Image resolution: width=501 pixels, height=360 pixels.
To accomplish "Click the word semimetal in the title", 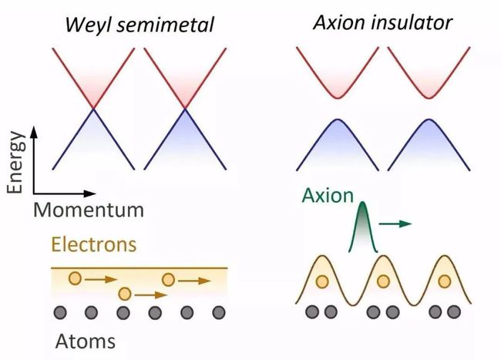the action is (x=165, y=25).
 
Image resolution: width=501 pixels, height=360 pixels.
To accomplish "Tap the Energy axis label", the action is (x=15, y=162).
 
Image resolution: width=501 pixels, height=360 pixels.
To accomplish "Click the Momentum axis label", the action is (x=89, y=210).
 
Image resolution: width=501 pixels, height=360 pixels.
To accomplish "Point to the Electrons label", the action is (x=93, y=244).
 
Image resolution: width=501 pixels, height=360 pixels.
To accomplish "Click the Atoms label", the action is (x=85, y=341).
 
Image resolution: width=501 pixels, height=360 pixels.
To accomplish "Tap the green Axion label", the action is (x=328, y=195).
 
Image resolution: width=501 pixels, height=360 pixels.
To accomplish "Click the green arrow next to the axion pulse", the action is (x=395, y=224).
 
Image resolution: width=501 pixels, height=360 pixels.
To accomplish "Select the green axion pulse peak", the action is (x=363, y=204).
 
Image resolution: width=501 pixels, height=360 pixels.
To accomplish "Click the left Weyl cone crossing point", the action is (x=93, y=109).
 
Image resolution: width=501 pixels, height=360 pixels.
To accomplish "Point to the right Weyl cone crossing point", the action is (x=185, y=109).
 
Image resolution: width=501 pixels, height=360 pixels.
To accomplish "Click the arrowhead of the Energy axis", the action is (x=34, y=131).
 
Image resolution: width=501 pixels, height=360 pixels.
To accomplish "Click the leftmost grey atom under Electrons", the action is (x=60, y=312).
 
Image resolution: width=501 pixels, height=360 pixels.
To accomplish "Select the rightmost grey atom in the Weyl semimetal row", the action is (x=219, y=312).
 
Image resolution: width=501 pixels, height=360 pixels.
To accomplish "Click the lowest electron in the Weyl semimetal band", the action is (x=125, y=294).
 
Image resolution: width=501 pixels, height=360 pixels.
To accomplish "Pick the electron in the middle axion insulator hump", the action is (x=383, y=281).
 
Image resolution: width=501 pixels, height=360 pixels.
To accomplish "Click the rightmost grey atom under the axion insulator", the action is (x=454, y=311).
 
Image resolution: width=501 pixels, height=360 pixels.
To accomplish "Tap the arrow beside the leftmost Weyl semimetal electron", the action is (x=101, y=280).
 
